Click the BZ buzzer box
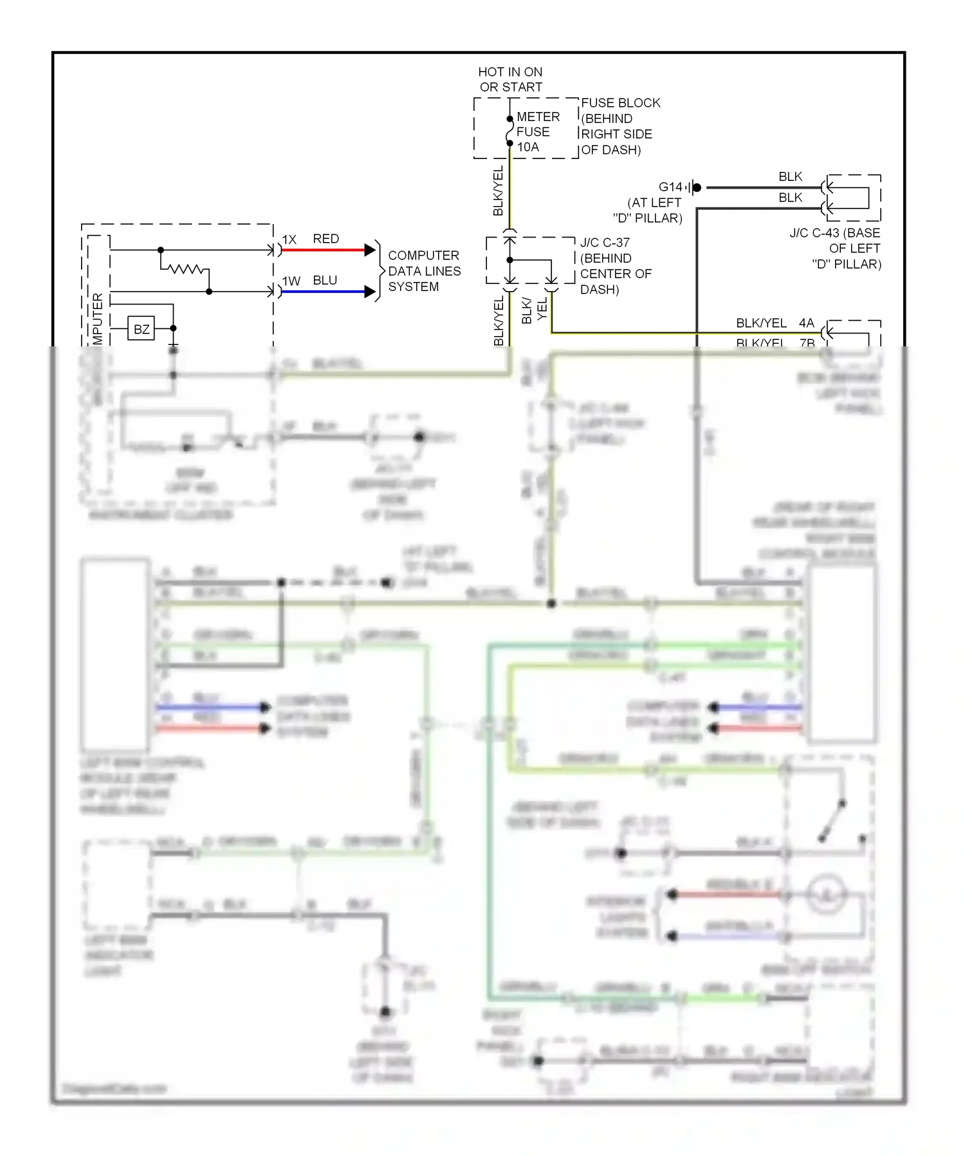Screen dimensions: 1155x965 (141, 329)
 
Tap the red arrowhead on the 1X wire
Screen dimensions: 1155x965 (370, 250)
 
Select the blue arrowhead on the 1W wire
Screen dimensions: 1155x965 (370, 292)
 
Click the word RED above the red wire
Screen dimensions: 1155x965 (326, 239)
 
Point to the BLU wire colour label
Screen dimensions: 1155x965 (325, 281)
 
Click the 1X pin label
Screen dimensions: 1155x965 (289, 239)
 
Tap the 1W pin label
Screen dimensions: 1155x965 (291, 281)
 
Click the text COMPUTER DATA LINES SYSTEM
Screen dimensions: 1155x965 (424, 271)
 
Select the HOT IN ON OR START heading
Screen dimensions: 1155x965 (510, 79)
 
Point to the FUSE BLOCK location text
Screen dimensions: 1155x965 (620, 126)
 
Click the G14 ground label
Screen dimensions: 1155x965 (670, 187)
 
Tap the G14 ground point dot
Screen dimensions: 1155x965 (697, 187)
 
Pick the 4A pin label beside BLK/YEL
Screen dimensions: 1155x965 (806, 323)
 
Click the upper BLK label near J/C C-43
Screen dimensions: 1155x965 (790, 176)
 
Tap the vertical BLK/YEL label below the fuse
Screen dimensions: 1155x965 (498, 191)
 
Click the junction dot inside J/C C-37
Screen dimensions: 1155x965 (510, 260)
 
